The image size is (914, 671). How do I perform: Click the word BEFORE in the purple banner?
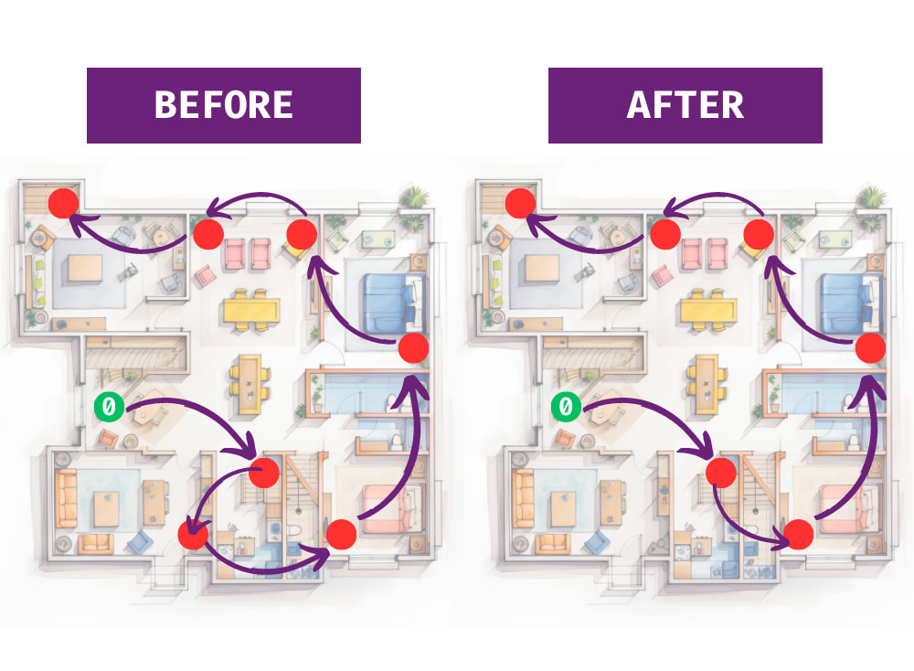point(223,105)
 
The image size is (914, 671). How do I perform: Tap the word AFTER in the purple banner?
point(685,105)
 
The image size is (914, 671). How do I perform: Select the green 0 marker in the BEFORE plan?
point(109,405)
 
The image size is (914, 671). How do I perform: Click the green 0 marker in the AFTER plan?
point(566,405)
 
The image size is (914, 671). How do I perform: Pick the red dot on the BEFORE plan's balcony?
point(63,203)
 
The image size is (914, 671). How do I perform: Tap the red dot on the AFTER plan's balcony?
point(520,203)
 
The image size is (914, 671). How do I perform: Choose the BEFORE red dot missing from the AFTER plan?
point(194,535)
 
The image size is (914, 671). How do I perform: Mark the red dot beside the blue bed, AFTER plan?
point(870,347)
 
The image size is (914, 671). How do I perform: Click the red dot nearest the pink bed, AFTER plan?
point(798,534)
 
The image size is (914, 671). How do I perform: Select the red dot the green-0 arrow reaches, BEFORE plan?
point(263,473)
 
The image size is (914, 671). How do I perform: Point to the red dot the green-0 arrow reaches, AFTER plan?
point(720,473)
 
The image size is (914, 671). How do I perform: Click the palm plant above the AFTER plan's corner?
point(872,196)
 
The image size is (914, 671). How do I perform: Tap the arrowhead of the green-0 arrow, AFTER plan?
point(706,449)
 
